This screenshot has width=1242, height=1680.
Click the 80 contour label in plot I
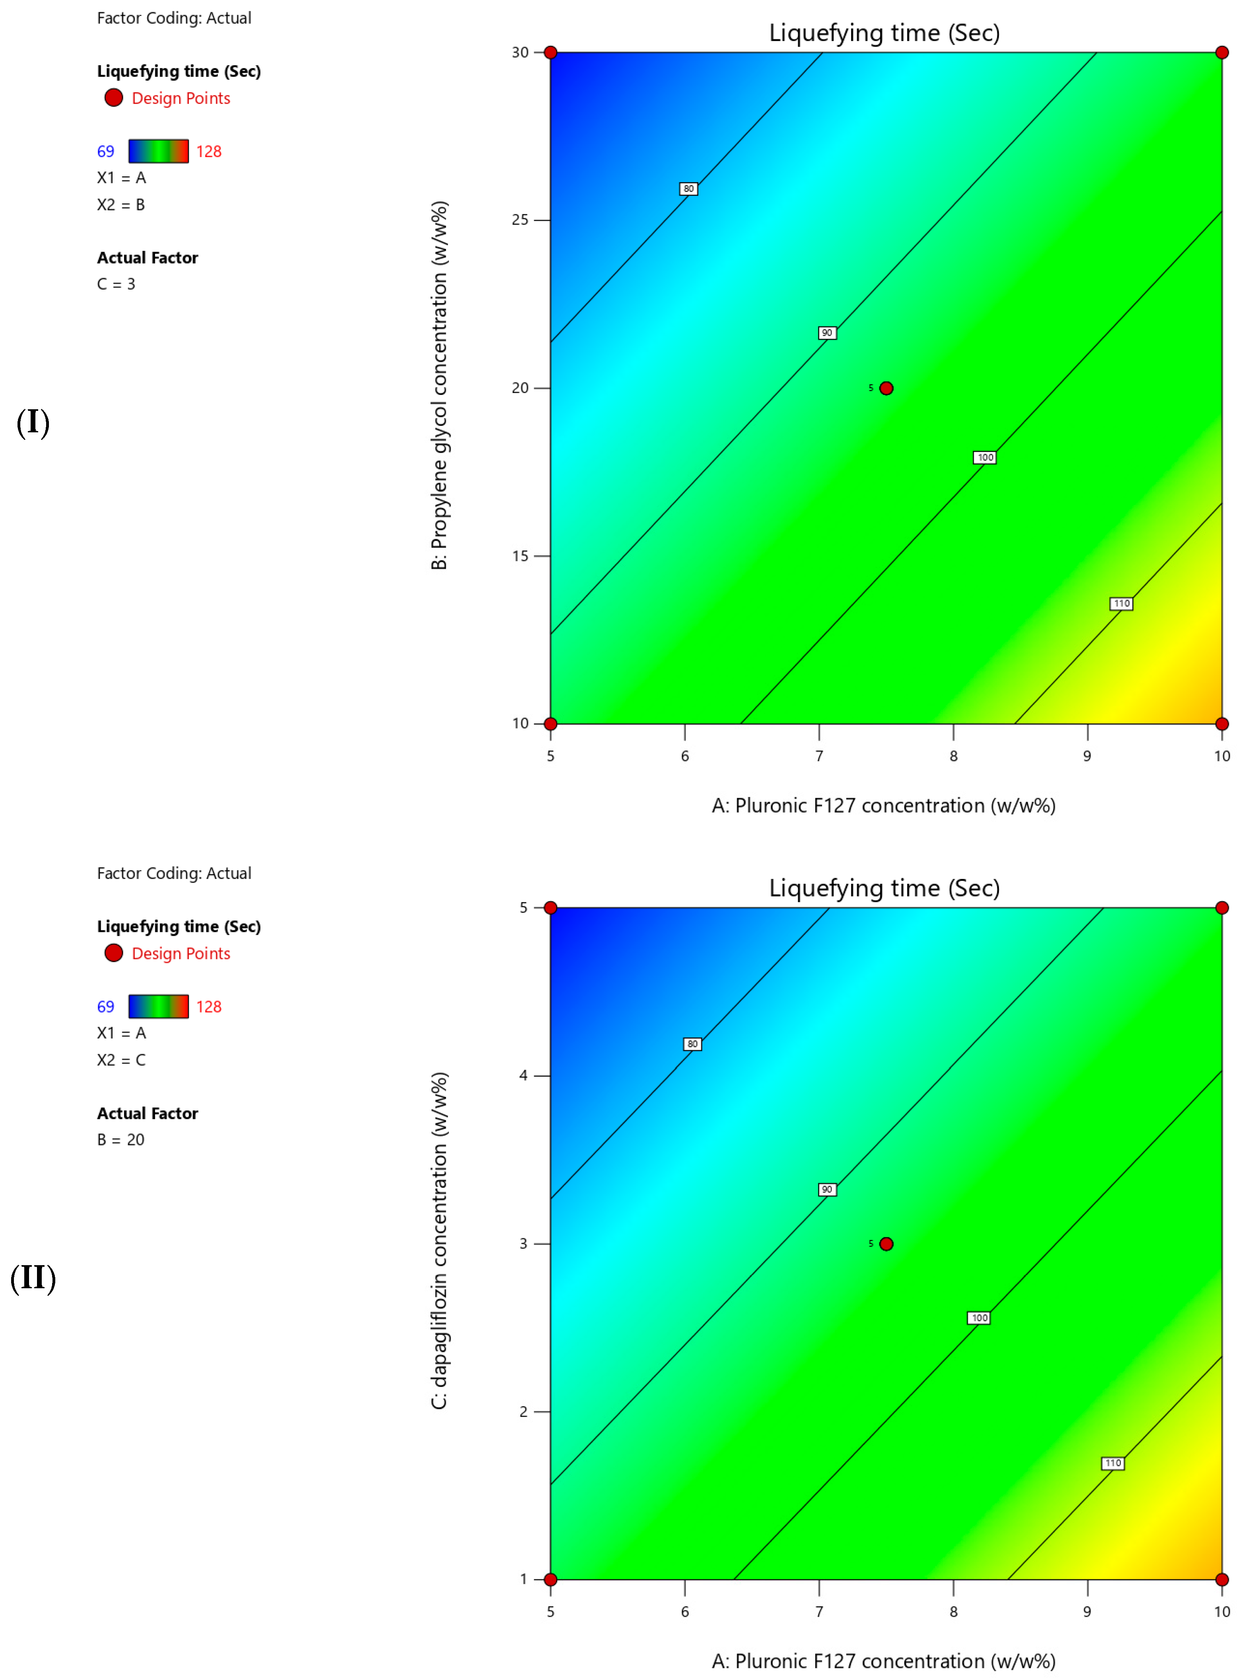pyautogui.click(x=688, y=189)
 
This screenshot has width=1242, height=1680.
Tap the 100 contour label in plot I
pyautogui.click(x=984, y=457)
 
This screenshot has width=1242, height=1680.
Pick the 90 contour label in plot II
pyautogui.click(x=826, y=1189)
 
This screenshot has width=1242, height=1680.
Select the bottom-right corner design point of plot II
pyautogui.click(x=1222, y=1579)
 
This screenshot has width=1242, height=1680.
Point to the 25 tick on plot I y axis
pyautogui.click(x=520, y=220)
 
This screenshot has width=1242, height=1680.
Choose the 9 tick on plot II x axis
pyautogui.click(x=1087, y=1612)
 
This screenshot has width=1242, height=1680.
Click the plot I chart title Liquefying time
pyautogui.click(x=884, y=33)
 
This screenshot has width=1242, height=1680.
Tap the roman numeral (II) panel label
pyautogui.click(x=33, y=1278)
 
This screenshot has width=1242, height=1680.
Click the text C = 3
pyautogui.click(x=116, y=284)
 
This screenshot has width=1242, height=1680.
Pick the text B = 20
pyautogui.click(x=120, y=1139)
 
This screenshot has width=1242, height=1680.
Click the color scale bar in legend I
pyautogui.click(x=158, y=151)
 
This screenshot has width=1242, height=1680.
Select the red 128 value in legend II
pyautogui.click(x=208, y=1007)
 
